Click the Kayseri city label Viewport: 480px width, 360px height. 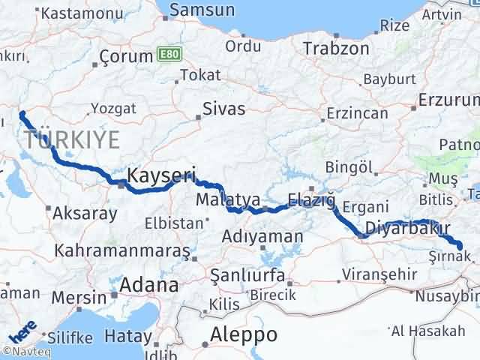(x=160, y=176)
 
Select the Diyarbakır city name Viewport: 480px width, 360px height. (x=406, y=228)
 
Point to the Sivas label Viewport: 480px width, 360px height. (x=223, y=109)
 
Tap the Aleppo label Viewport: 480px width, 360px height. (x=244, y=334)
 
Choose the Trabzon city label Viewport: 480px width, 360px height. (x=336, y=49)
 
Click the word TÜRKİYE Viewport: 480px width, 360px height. (x=72, y=139)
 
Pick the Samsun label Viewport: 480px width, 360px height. (x=202, y=10)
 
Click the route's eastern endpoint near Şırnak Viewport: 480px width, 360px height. (x=460, y=245)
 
